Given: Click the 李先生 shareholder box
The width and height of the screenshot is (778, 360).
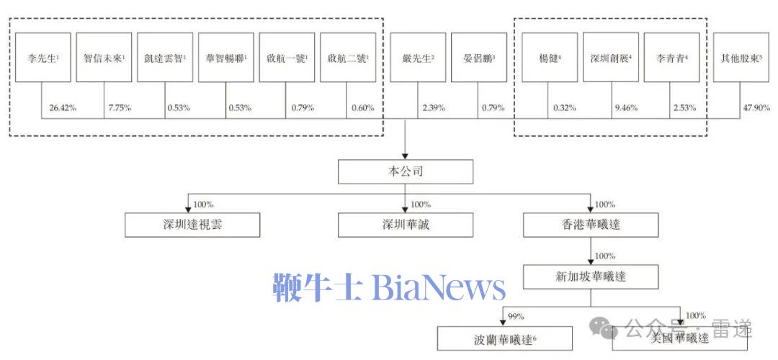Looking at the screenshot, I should (x=43, y=57).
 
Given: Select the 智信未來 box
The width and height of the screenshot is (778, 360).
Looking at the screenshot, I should (x=104, y=57).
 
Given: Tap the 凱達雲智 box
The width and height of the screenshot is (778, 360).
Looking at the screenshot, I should (x=165, y=57).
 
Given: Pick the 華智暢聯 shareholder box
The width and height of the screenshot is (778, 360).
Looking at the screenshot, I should (x=226, y=57).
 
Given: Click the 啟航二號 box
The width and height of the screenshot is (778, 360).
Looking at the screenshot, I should (x=348, y=57).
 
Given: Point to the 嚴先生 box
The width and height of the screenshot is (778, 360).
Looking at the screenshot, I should (x=419, y=57).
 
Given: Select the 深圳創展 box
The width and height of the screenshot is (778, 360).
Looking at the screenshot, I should (x=611, y=57).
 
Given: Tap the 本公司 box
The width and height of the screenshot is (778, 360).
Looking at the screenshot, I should (x=406, y=172).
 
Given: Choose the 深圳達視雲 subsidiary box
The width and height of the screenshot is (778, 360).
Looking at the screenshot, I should (x=192, y=225).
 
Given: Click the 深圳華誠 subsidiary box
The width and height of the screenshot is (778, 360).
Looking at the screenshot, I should (x=406, y=225).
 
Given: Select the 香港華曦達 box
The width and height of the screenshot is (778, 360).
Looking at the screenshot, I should (x=590, y=225).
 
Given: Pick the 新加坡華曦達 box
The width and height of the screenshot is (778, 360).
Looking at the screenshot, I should (x=590, y=276).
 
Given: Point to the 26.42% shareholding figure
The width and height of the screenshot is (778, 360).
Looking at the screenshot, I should (x=63, y=108).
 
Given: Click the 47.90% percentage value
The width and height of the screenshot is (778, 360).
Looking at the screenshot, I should (x=756, y=108).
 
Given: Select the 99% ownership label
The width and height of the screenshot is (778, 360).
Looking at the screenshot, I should (x=515, y=316).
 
